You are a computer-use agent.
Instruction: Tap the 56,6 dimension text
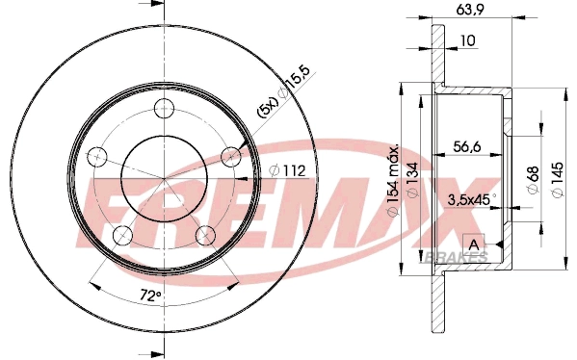[469, 147]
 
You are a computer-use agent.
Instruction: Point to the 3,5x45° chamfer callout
[470, 200]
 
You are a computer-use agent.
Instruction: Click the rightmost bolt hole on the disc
[230, 155]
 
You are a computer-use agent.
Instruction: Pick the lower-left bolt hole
[121, 235]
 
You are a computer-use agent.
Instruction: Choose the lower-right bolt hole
[204, 234]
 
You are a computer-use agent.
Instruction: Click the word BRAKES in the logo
[455, 258]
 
